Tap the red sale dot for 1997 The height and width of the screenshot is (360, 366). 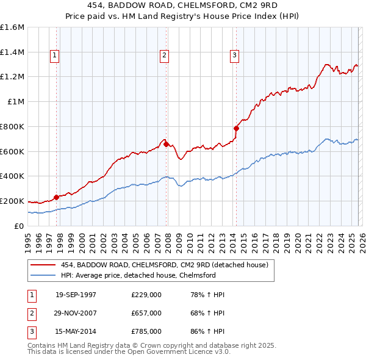(x=57, y=196)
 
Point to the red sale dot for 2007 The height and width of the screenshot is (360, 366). (x=166, y=144)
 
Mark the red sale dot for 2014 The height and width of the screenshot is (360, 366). (x=236, y=128)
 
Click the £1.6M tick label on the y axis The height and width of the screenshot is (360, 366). (x=12, y=27)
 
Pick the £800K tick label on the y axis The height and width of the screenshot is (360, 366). (x=12, y=126)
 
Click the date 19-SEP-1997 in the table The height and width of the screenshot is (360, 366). (x=76, y=295)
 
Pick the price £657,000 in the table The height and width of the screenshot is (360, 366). (x=146, y=313)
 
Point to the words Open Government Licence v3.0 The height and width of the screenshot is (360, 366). (x=181, y=352)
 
